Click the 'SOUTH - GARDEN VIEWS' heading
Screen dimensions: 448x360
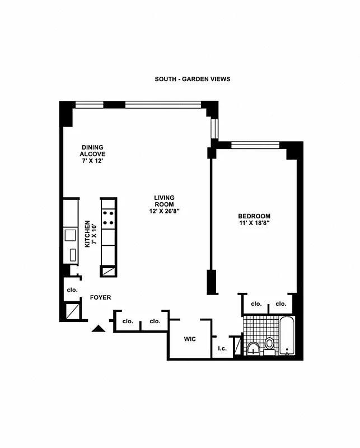[192, 79]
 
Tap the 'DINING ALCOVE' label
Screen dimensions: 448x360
[92, 151]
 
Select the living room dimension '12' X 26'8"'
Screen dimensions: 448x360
[165, 211]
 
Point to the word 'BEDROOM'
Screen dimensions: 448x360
[254, 216]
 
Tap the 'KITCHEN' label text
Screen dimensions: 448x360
[87, 234]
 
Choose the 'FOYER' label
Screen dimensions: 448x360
[101, 298]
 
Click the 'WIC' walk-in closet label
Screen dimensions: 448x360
[190, 339]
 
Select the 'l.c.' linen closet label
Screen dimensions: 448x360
[222, 348]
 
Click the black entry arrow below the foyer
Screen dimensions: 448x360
[99, 329]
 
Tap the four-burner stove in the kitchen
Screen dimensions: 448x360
[108, 217]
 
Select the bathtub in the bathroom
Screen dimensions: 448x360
[287, 337]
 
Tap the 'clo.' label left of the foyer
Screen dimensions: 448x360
[72, 290]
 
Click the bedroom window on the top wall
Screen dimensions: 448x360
[255, 145]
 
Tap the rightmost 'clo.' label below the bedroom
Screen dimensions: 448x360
[280, 304]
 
